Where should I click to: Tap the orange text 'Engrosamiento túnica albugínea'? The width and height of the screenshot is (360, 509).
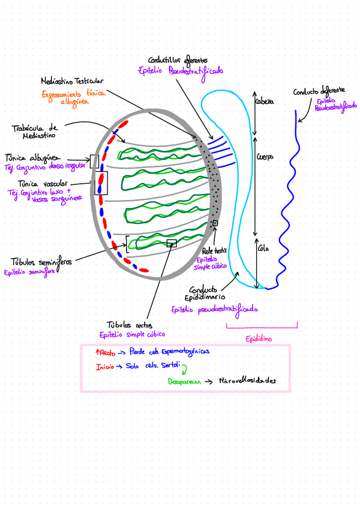tap(73, 98)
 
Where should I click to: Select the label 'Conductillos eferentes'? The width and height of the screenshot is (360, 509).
tap(178, 60)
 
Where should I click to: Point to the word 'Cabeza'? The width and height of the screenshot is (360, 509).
tap(264, 101)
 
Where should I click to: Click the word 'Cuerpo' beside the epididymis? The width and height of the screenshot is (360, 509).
tap(265, 157)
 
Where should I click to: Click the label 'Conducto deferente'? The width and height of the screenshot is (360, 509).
tap(319, 91)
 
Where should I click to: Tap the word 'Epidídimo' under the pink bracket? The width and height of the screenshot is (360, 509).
tap(259, 339)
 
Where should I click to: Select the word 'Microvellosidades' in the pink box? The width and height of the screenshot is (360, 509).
tap(247, 381)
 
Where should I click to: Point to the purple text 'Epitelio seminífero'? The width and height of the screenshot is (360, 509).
tap(29, 272)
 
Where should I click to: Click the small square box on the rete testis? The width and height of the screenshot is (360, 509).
tap(215, 224)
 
